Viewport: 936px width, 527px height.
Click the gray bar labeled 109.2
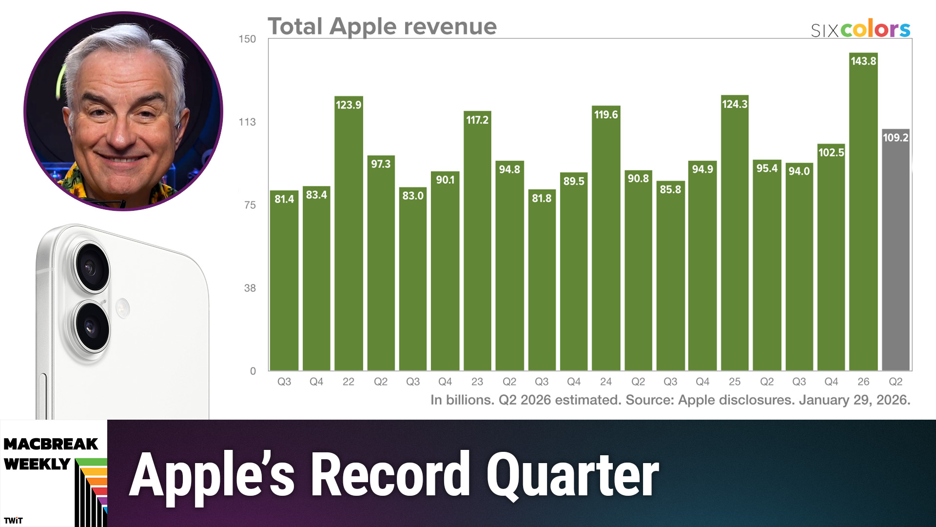tap(896, 254)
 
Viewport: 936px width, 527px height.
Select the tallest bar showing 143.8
tap(863, 220)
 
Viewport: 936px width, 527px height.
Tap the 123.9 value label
tap(349, 105)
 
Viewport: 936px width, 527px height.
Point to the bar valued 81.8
tap(542, 283)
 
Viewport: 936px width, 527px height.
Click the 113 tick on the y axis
tap(247, 122)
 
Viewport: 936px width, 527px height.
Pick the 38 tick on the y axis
tap(250, 288)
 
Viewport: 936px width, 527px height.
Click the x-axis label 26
tap(863, 382)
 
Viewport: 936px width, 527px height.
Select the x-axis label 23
tap(477, 382)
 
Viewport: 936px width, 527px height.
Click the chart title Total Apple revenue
tap(382, 26)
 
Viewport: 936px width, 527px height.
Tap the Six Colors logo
tap(860, 30)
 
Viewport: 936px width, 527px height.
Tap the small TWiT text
tap(13, 520)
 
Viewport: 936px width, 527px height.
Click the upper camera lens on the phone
tap(91, 267)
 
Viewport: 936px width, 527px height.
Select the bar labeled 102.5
tap(831, 263)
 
